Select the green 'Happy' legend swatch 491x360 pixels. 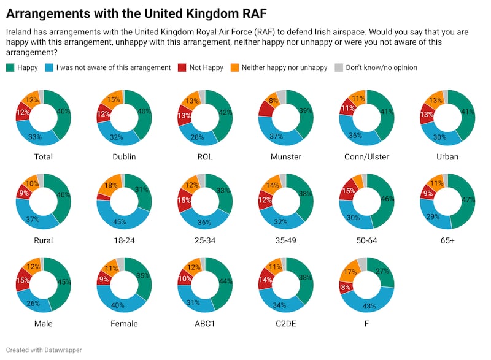click(10, 67)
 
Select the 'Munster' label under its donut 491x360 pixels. click(286, 156)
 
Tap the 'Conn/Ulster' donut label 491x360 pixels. click(366, 156)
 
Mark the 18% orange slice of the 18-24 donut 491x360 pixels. click(110, 185)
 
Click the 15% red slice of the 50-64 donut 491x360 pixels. click(347, 192)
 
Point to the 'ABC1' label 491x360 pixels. click(205, 324)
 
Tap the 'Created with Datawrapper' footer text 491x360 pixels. click(44, 350)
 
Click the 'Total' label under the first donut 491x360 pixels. click(44, 156)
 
